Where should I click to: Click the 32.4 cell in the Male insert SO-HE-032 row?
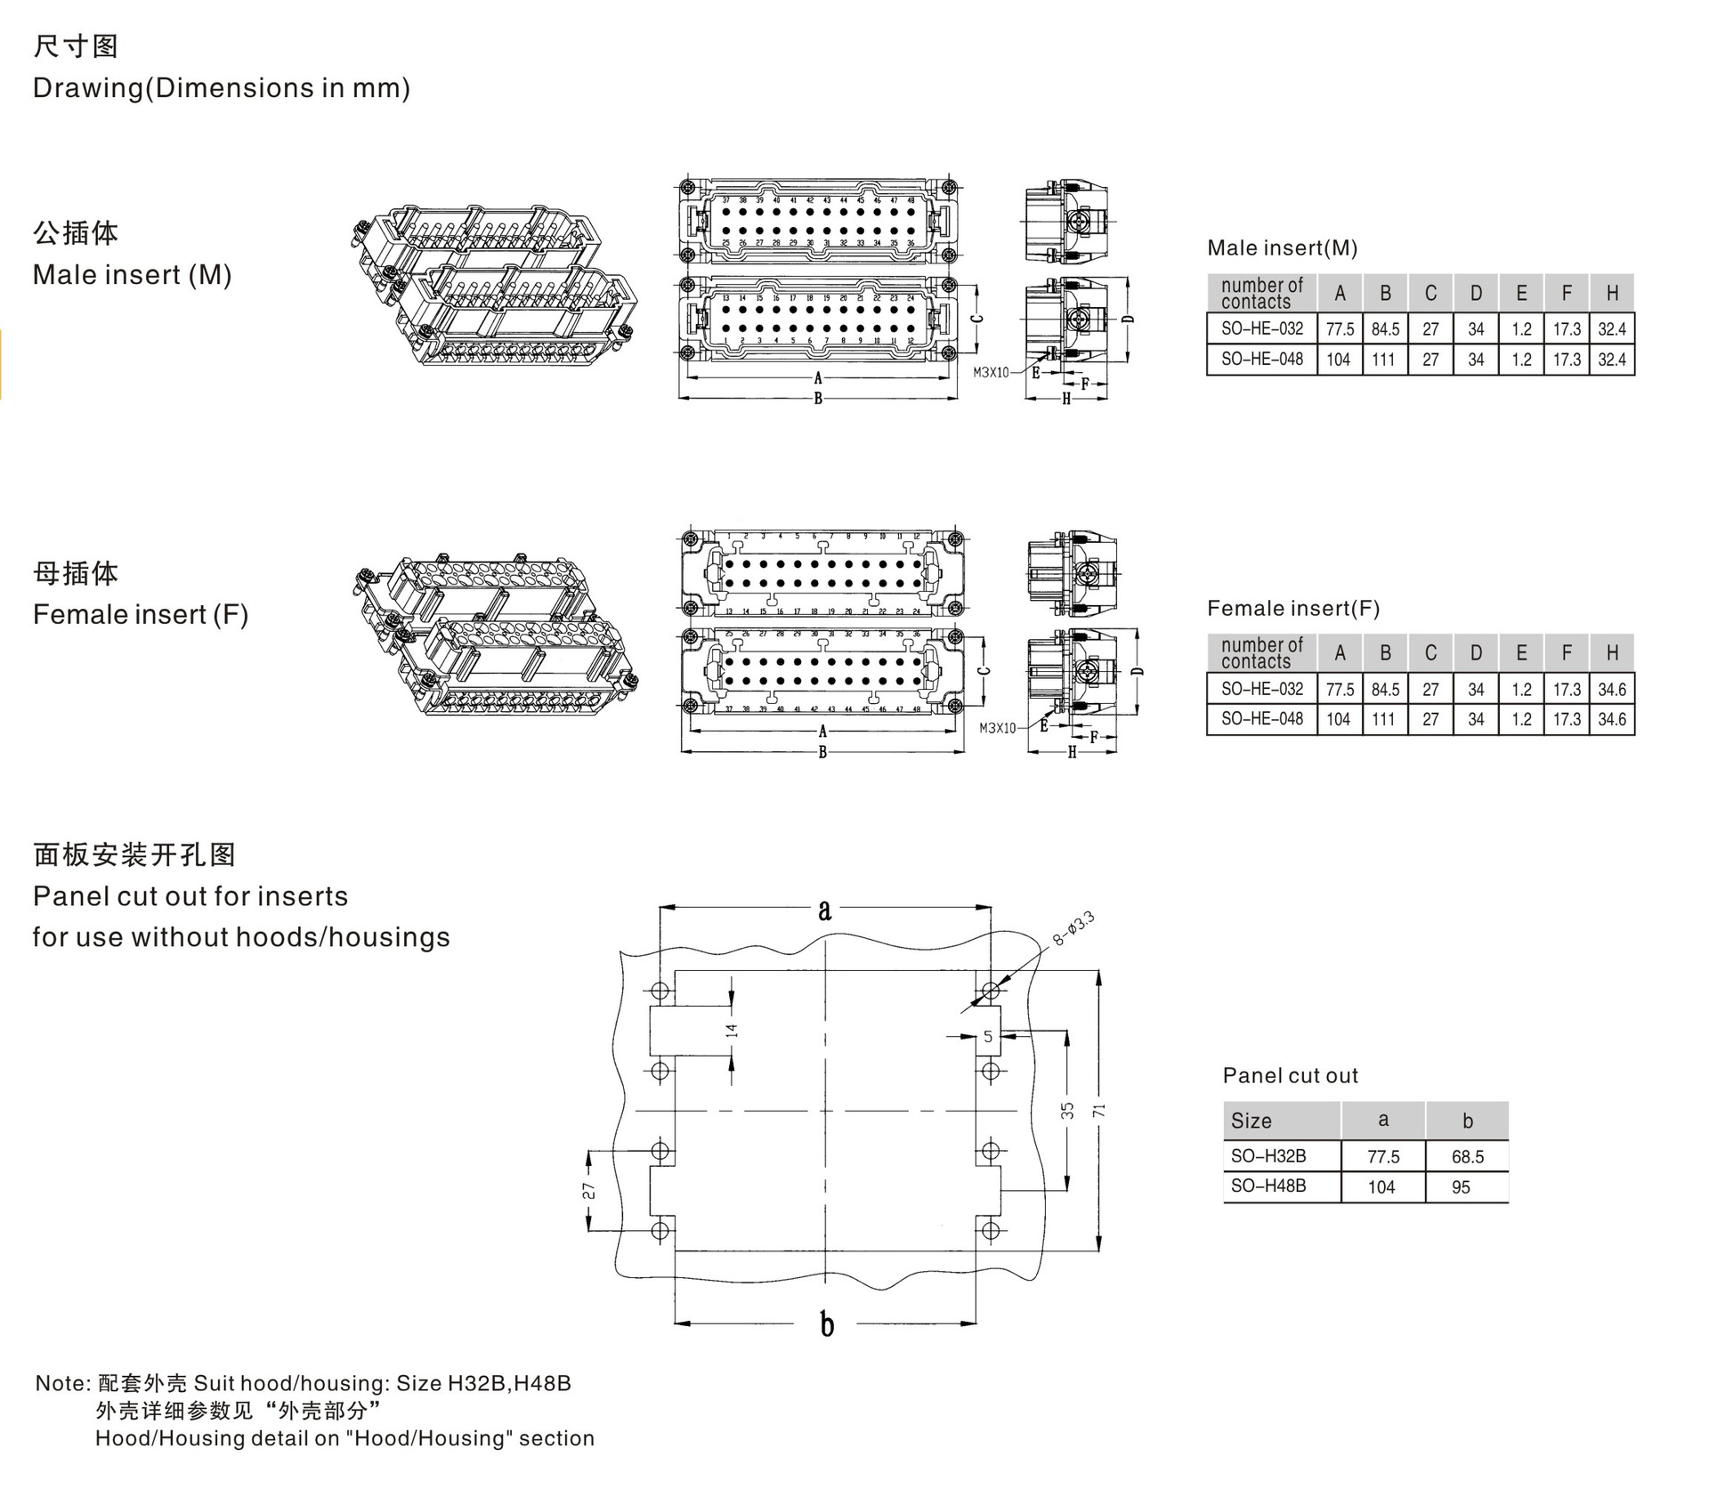pyautogui.click(x=1611, y=329)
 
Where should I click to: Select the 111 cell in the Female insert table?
pyautogui.click(x=1383, y=719)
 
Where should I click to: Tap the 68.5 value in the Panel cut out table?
pyautogui.click(x=1467, y=1156)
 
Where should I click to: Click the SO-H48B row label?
pyautogui.click(x=1268, y=1186)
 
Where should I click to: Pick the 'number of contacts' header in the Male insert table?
pyautogui.click(x=1261, y=293)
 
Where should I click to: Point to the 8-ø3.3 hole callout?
pyautogui.click(x=1073, y=930)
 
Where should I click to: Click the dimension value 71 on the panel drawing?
pyautogui.click(x=1100, y=1111)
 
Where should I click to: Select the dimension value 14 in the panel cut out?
pyautogui.click(x=732, y=1031)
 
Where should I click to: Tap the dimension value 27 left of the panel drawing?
pyautogui.click(x=589, y=1191)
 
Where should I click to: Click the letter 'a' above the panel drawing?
pyautogui.click(x=825, y=910)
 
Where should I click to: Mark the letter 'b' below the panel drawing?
pyautogui.click(x=827, y=1324)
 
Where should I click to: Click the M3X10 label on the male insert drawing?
pyautogui.click(x=991, y=373)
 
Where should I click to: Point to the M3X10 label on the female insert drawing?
pyautogui.click(x=997, y=728)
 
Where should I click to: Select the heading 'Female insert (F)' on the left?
pyautogui.click(x=141, y=614)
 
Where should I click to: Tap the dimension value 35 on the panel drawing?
pyautogui.click(x=1067, y=1111)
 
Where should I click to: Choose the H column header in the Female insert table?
pyautogui.click(x=1611, y=652)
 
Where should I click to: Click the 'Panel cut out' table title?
pyautogui.click(x=1290, y=1075)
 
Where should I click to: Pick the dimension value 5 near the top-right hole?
pyautogui.click(x=988, y=1036)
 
